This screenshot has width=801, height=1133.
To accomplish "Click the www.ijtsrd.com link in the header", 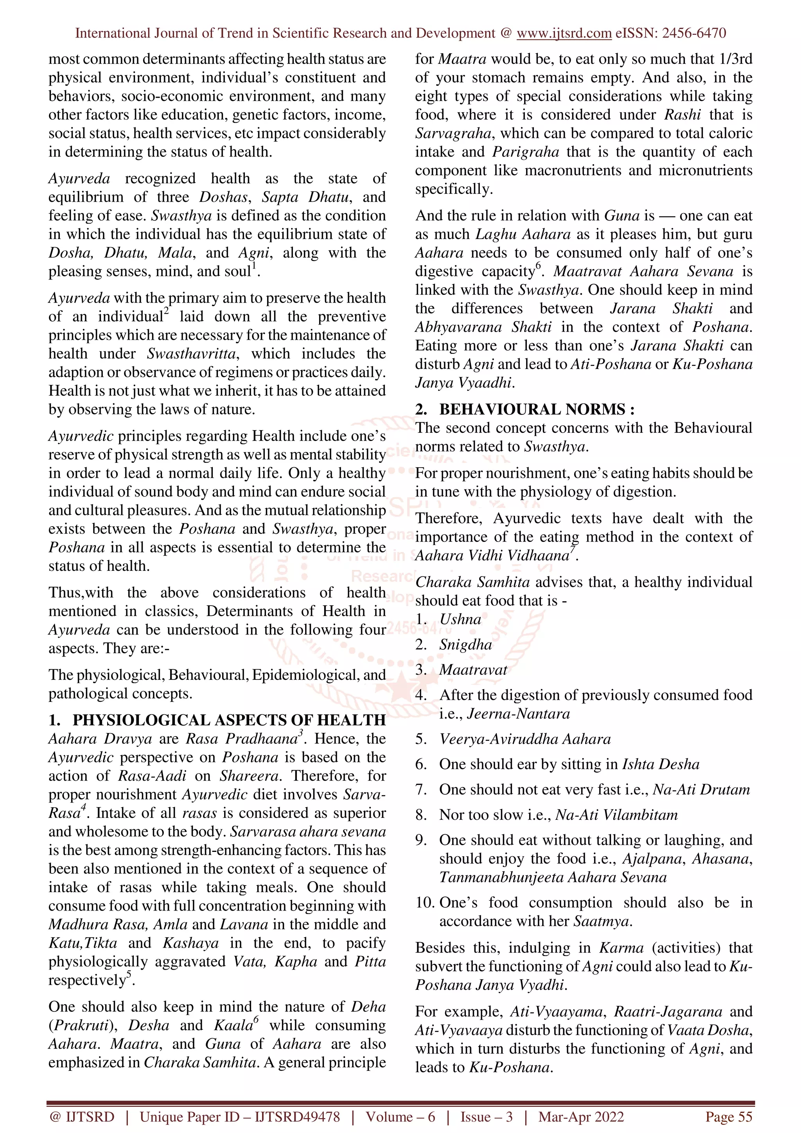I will [564, 33].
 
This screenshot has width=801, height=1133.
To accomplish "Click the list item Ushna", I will [460, 619].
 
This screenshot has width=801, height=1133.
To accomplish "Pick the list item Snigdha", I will [465, 644].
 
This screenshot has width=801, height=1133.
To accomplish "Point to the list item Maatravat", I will [473, 670].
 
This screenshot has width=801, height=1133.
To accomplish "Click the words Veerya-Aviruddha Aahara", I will [524, 739].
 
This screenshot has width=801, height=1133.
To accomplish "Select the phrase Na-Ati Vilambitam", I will [616, 815].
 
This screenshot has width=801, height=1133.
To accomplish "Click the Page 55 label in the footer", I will [729, 1117].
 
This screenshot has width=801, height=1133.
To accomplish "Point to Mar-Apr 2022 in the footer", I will [581, 1117].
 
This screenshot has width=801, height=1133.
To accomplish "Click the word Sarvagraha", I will [453, 133].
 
